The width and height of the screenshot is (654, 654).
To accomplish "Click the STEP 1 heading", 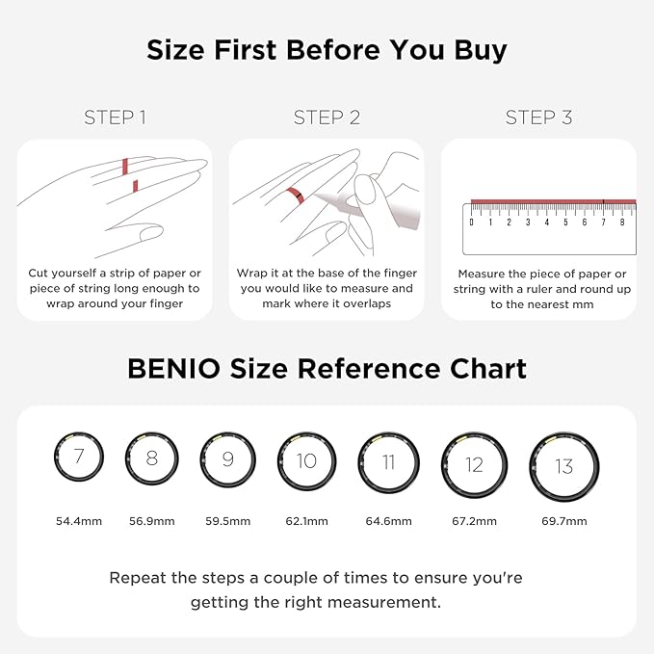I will [x=115, y=118].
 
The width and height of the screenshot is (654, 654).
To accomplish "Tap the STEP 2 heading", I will [x=327, y=118].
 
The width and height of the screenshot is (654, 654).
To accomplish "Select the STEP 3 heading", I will [x=538, y=118].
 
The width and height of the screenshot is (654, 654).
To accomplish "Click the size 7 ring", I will [x=78, y=456].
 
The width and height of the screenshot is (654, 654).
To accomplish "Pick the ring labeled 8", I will [x=151, y=458].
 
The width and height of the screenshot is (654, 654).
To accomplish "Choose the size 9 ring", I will [x=227, y=459].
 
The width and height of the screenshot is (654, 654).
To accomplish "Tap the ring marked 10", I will [x=305, y=461].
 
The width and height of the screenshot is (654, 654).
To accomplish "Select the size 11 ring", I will [x=388, y=462].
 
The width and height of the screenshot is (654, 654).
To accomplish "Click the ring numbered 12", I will [x=474, y=465].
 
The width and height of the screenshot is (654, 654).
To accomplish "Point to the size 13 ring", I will [x=563, y=466].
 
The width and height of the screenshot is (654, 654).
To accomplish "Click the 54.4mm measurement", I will [x=78, y=521].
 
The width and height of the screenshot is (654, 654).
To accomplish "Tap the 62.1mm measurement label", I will [x=305, y=521].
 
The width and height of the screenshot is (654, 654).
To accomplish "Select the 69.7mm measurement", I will [x=563, y=521].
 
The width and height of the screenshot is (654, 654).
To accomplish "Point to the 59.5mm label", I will [x=227, y=521].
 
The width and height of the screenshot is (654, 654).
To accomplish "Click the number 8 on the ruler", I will [x=621, y=222].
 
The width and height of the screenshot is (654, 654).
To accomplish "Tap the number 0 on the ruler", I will [x=471, y=222].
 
